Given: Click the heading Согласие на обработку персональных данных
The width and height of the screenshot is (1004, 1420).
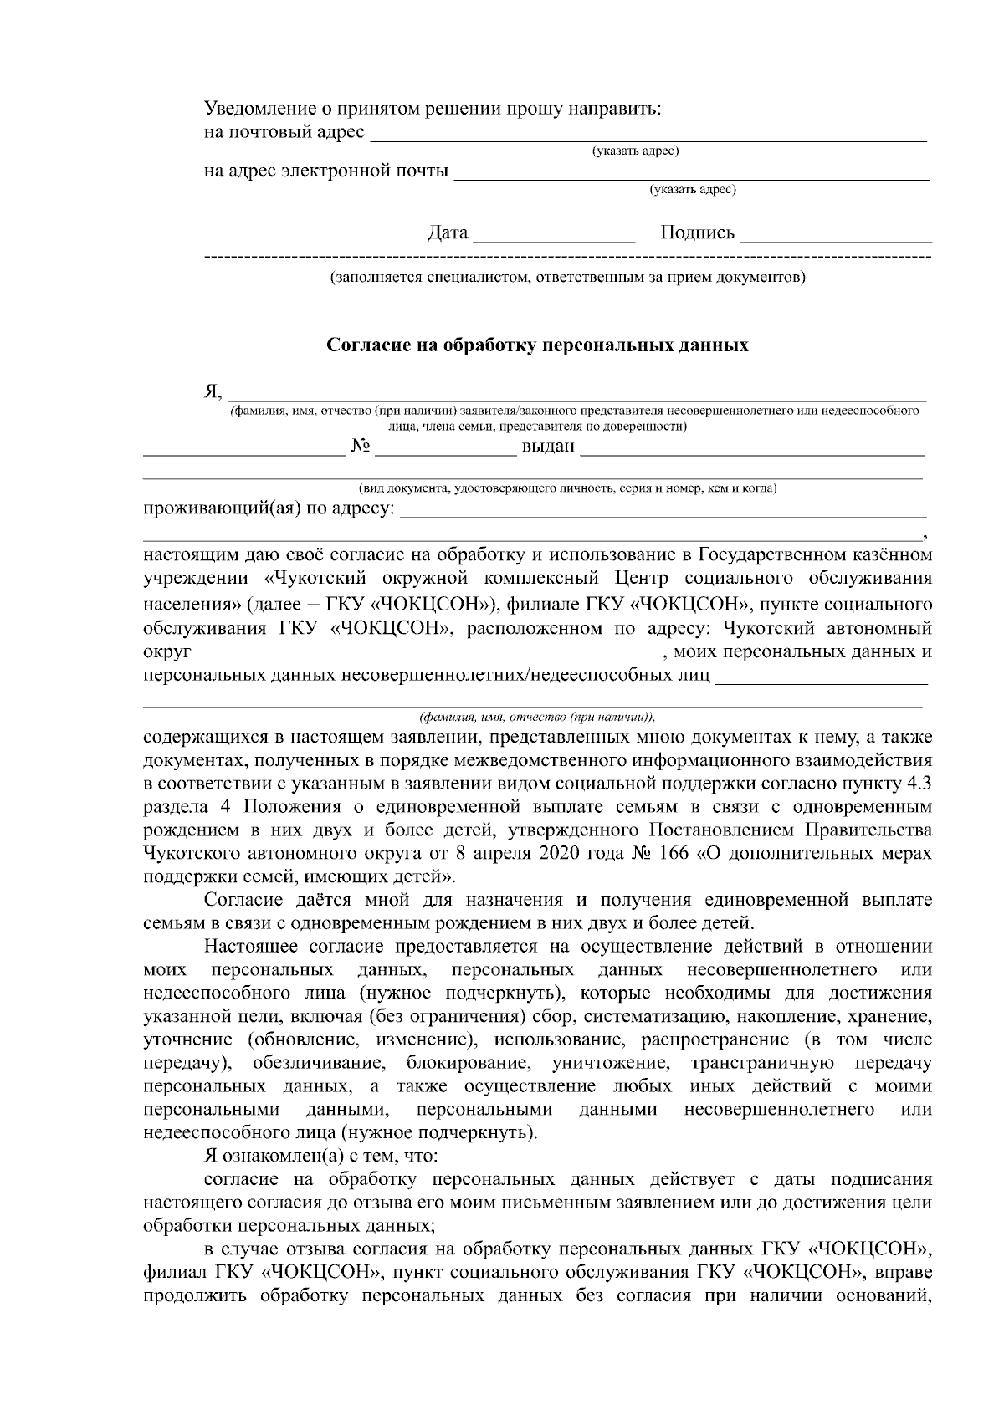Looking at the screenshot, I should [536, 345].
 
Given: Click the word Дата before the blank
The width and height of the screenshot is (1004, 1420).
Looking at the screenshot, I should [448, 232].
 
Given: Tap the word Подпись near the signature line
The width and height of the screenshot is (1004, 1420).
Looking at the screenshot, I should [697, 232].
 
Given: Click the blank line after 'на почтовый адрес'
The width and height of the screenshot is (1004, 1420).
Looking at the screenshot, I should [648, 134].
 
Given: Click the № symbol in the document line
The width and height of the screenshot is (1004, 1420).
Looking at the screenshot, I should [361, 447].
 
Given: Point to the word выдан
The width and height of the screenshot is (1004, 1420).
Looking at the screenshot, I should [548, 448].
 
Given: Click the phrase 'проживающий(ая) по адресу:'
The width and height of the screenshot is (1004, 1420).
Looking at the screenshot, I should [269, 509].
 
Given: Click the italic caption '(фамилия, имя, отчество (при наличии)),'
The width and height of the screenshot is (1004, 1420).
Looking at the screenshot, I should [536, 718].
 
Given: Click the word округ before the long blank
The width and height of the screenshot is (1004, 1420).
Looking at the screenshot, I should [167, 651].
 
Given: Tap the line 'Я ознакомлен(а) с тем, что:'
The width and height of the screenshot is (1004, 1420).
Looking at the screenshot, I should [316, 1157].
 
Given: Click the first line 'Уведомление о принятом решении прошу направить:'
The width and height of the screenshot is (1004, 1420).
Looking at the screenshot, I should [433, 109].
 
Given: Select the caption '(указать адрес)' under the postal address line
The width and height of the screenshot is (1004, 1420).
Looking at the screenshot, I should [635, 151].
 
